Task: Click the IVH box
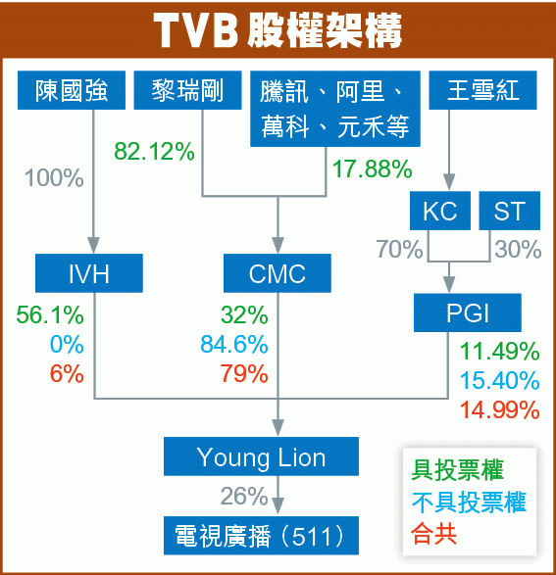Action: coord(89,273)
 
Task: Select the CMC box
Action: coord(278,273)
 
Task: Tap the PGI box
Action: coord(468,312)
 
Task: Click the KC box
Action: coord(440,211)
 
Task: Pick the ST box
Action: coord(509,211)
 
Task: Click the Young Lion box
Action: coord(261,456)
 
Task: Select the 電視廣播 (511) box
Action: coord(261,536)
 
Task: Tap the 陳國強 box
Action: coord(72,90)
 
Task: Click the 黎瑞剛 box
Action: coord(187,90)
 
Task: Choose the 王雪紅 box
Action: coord(483,90)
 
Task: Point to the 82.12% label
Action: coord(154,151)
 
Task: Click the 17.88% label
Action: coord(372,168)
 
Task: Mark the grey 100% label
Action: coord(54,178)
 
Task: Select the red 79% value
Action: coord(244,373)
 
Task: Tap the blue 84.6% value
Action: coord(234,345)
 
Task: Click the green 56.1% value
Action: coord(50,314)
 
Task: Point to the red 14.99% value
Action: coord(499,409)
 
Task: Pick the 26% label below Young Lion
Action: coord(244,496)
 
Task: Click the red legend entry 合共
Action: coord(433,534)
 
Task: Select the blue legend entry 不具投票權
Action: coord(469,503)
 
